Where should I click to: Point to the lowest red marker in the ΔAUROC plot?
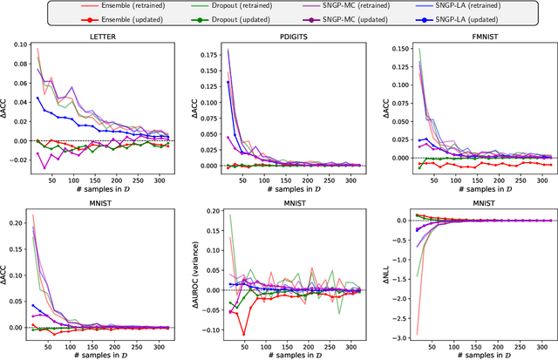coord(243,332)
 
